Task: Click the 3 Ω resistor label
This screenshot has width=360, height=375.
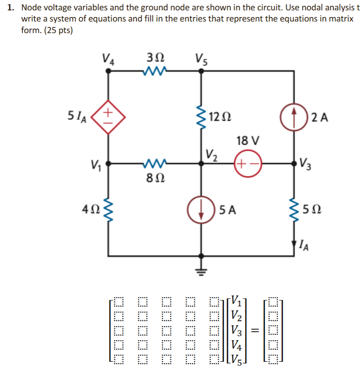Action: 155,57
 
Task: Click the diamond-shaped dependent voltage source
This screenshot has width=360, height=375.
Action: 108,118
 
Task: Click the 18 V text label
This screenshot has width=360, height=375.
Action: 248,141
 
